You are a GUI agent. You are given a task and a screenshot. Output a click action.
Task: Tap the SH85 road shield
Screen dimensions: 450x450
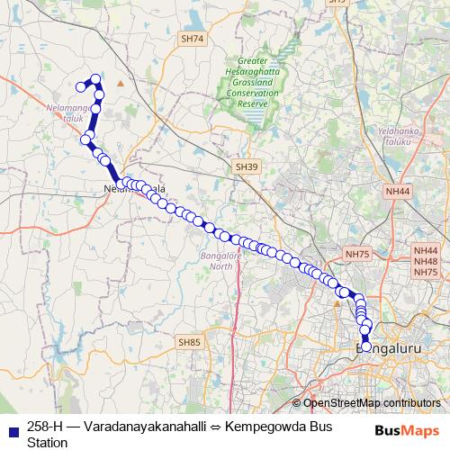(189, 342)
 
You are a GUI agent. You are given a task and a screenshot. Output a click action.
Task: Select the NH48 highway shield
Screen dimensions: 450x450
(425, 261)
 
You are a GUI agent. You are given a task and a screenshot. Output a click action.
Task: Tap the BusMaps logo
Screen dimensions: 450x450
(407, 431)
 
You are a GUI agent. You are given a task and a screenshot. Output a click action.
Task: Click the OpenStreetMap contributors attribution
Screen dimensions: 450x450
(366, 403)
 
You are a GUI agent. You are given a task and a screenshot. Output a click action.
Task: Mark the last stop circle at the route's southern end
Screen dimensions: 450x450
(365, 346)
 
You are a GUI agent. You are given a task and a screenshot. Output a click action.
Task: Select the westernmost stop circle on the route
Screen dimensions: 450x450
(80, 86)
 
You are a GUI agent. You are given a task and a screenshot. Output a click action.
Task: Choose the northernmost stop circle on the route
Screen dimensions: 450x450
(96, 79)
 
